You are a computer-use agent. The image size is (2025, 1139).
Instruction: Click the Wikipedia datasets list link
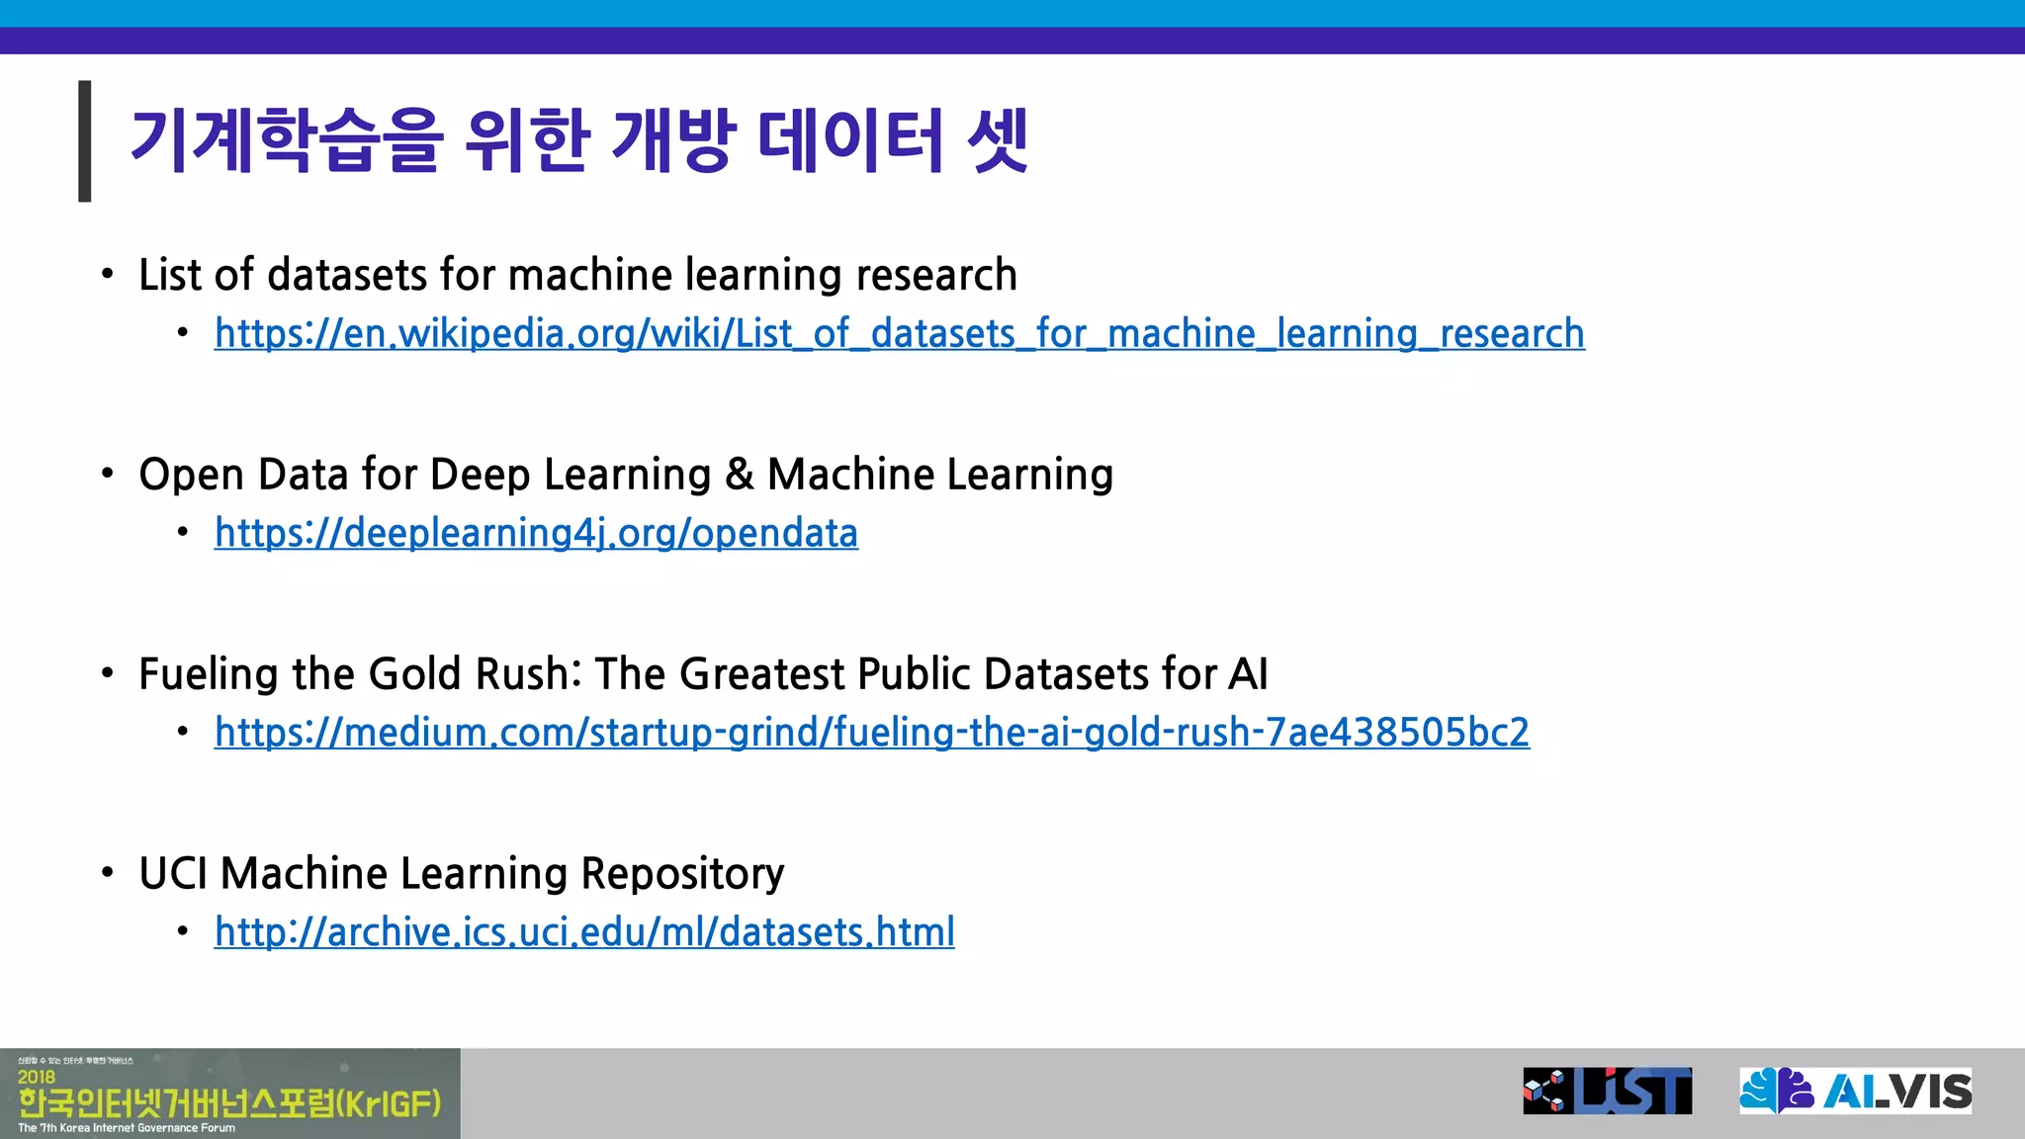899,334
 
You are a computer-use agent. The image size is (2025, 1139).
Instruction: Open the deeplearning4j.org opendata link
536,534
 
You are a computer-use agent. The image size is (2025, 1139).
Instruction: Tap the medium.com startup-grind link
871,733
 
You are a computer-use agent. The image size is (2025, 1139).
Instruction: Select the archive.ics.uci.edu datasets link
584,932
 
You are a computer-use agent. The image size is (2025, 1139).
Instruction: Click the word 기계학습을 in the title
285,140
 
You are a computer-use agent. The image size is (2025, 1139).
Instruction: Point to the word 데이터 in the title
850,140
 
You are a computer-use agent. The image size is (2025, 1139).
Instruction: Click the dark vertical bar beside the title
85,140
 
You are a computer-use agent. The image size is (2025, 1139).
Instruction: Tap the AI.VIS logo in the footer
1855,1091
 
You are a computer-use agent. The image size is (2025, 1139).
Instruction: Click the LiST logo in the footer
1607,1091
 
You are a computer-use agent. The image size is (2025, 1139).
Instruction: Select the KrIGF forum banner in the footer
229,1094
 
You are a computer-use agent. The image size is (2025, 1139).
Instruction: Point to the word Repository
682,874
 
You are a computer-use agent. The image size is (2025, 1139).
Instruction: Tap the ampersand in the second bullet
739,475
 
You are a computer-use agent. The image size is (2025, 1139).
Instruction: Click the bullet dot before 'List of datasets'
107,274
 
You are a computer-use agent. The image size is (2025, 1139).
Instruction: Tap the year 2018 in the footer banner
37,1077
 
